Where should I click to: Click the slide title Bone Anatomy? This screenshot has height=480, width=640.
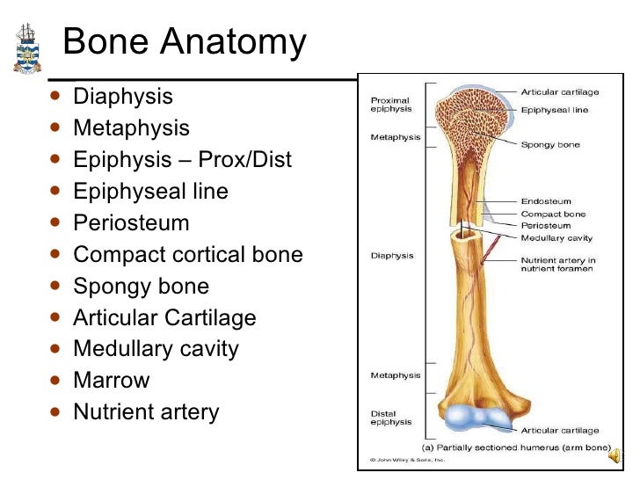tap(185, 41)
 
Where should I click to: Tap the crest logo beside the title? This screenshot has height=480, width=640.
tap(27, 48)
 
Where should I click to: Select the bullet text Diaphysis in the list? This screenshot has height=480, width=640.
tap(122, 97)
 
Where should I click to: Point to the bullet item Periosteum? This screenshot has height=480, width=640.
tap(131, 223)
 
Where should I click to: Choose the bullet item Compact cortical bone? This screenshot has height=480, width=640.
tap(187, 255)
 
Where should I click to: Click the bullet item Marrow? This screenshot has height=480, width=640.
tap(111, 381)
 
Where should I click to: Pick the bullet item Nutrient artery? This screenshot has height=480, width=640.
tap(146, 412)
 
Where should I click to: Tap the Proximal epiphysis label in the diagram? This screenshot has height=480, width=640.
tap(390, 104)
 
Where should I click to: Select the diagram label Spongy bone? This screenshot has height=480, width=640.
tap(550, 145)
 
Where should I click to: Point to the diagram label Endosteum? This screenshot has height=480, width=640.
tap(546, 201)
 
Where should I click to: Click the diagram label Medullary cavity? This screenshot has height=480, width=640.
tap(556, 238)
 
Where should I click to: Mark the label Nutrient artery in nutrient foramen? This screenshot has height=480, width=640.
tap(558, 265)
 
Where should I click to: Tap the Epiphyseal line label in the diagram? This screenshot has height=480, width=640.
tap(555, 111)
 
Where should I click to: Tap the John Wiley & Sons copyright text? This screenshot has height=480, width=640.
tap(407, 459)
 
